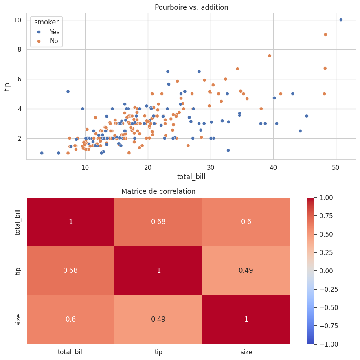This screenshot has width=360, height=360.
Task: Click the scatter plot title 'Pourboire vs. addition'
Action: point(191,7)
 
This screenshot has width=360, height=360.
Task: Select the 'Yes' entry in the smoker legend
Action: point(55,32)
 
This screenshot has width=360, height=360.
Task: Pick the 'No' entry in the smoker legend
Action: point(54,41)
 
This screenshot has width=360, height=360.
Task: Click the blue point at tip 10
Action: point(341,20)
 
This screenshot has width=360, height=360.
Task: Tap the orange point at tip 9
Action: point(325,35)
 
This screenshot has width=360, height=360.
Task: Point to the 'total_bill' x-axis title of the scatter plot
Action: point(191,177)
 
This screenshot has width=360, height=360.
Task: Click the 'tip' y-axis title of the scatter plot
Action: point(7,86)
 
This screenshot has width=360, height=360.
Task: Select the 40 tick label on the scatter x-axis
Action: point(273,167)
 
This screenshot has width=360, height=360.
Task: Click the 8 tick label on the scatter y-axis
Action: point(18,50)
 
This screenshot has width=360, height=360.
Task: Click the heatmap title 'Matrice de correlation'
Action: point(158,191)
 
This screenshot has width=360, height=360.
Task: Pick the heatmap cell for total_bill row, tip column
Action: point(158,222)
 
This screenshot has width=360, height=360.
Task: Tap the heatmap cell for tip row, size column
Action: point(246,270)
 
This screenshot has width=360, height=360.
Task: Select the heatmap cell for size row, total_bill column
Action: point(70,319)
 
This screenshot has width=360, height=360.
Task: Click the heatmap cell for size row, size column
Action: point(246,319)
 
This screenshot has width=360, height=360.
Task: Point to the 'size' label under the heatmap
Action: point(246,352)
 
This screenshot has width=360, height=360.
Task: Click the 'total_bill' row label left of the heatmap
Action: point(18,222)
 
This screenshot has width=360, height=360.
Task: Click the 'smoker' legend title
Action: point(46,22)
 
